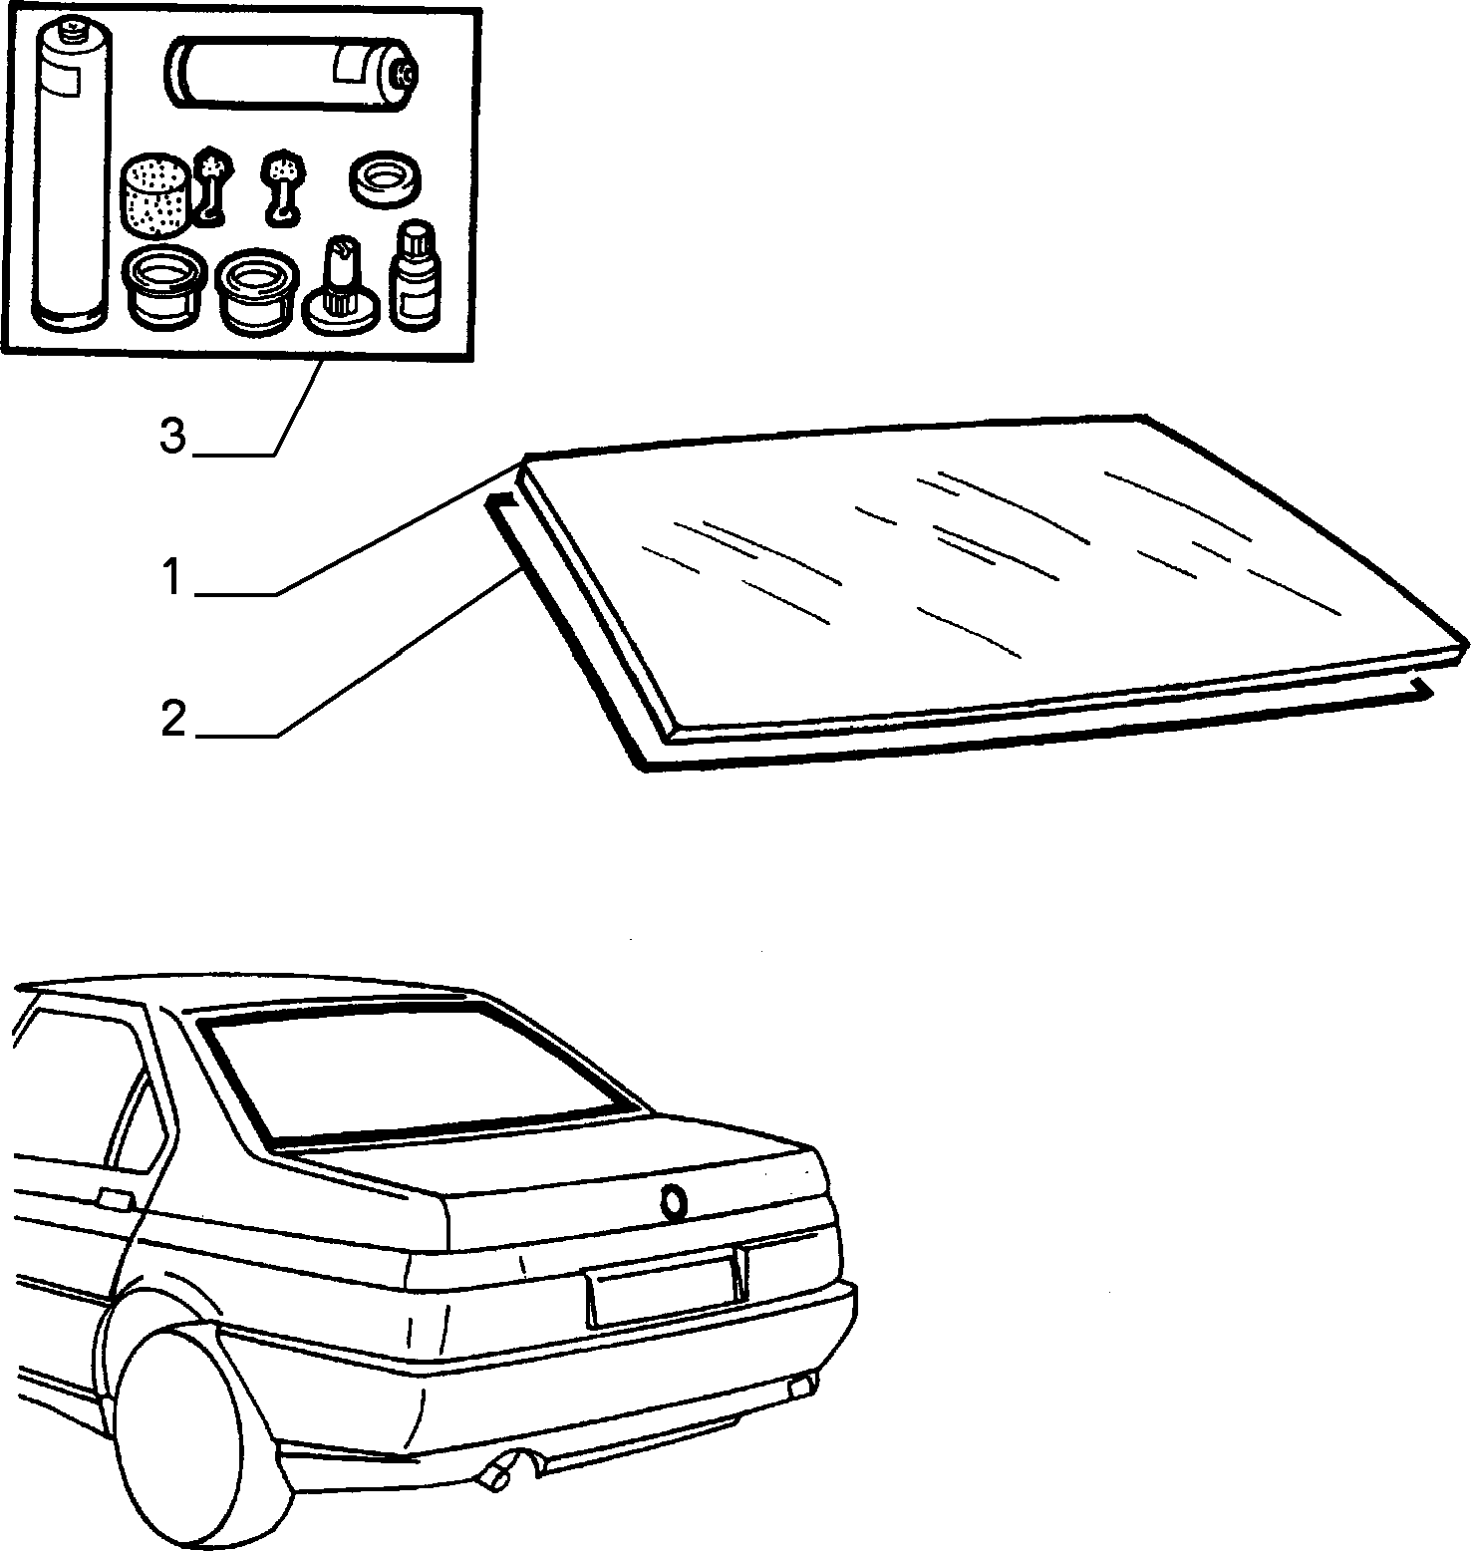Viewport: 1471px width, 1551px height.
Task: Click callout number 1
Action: pyautogui.click(x=172, y=578)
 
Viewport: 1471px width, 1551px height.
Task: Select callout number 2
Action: pyautogui.click(x=173, y=720)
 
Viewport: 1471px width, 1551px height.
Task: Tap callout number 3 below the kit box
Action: pyautogui.click(x=173, y=437)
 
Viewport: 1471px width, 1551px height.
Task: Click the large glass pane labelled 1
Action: pyautogui.click(x=987, y=578)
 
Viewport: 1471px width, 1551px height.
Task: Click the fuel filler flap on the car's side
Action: pyautogui.click(x=117, y=1199)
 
